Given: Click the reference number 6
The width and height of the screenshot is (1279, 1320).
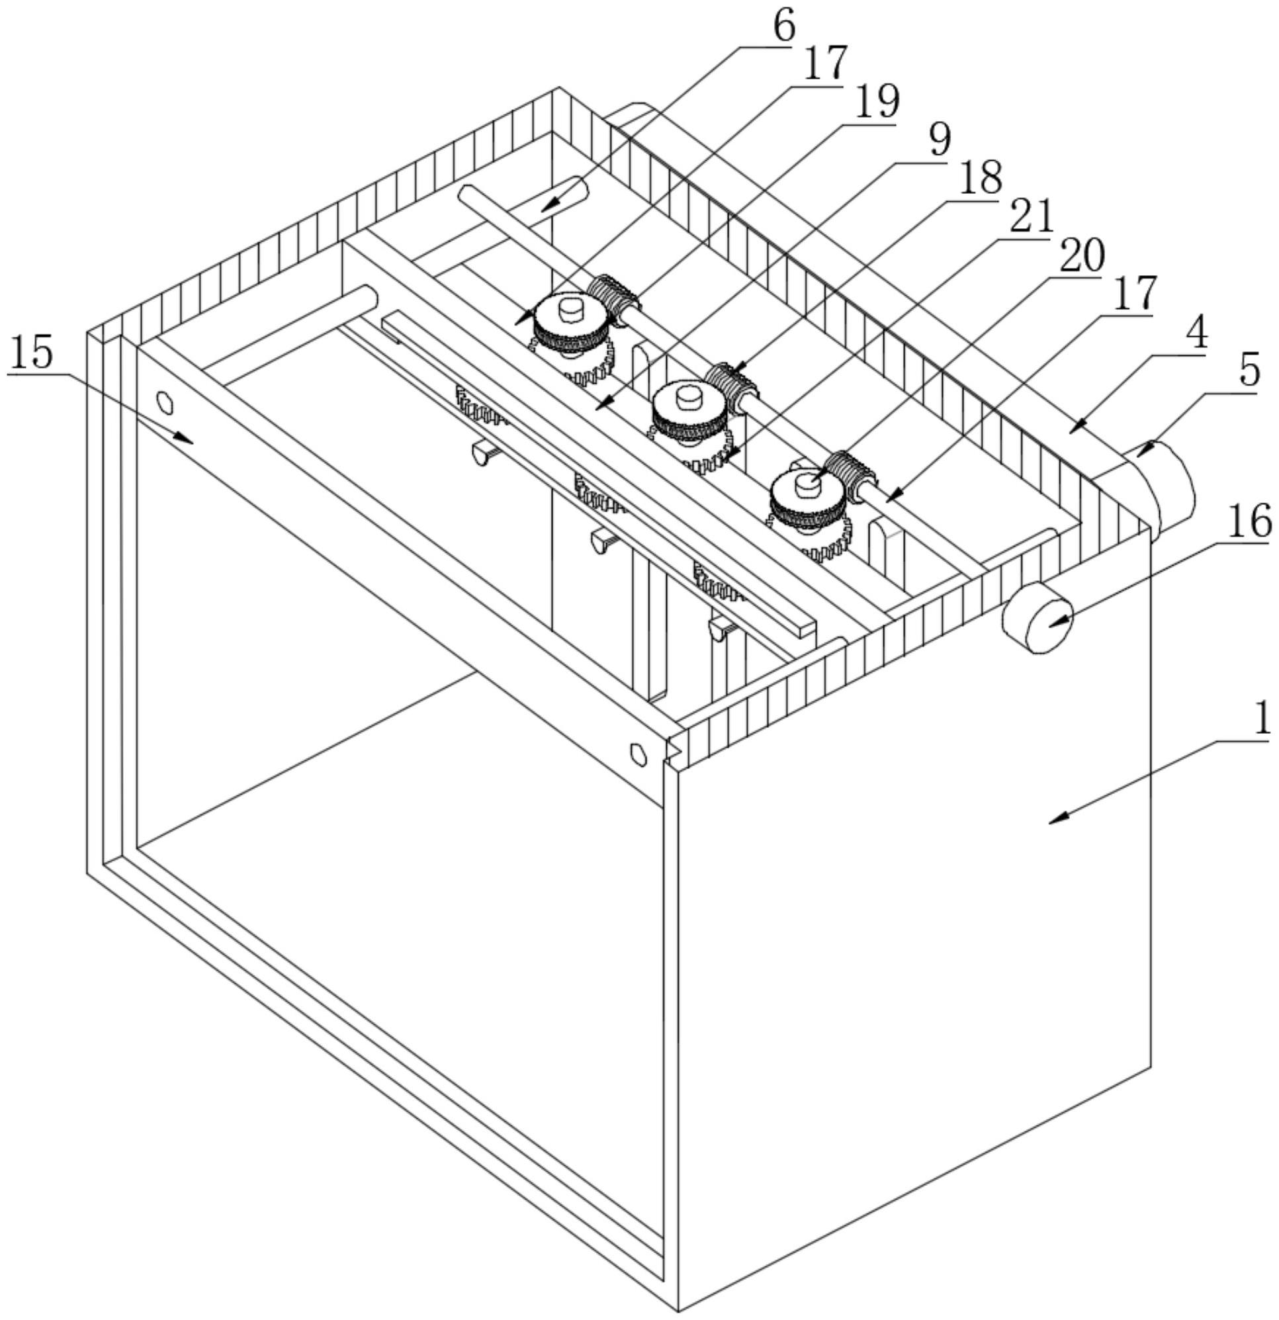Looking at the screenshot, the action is [x=781, y=27].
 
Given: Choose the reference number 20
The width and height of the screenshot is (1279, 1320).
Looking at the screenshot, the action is [x=1082, y=257].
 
